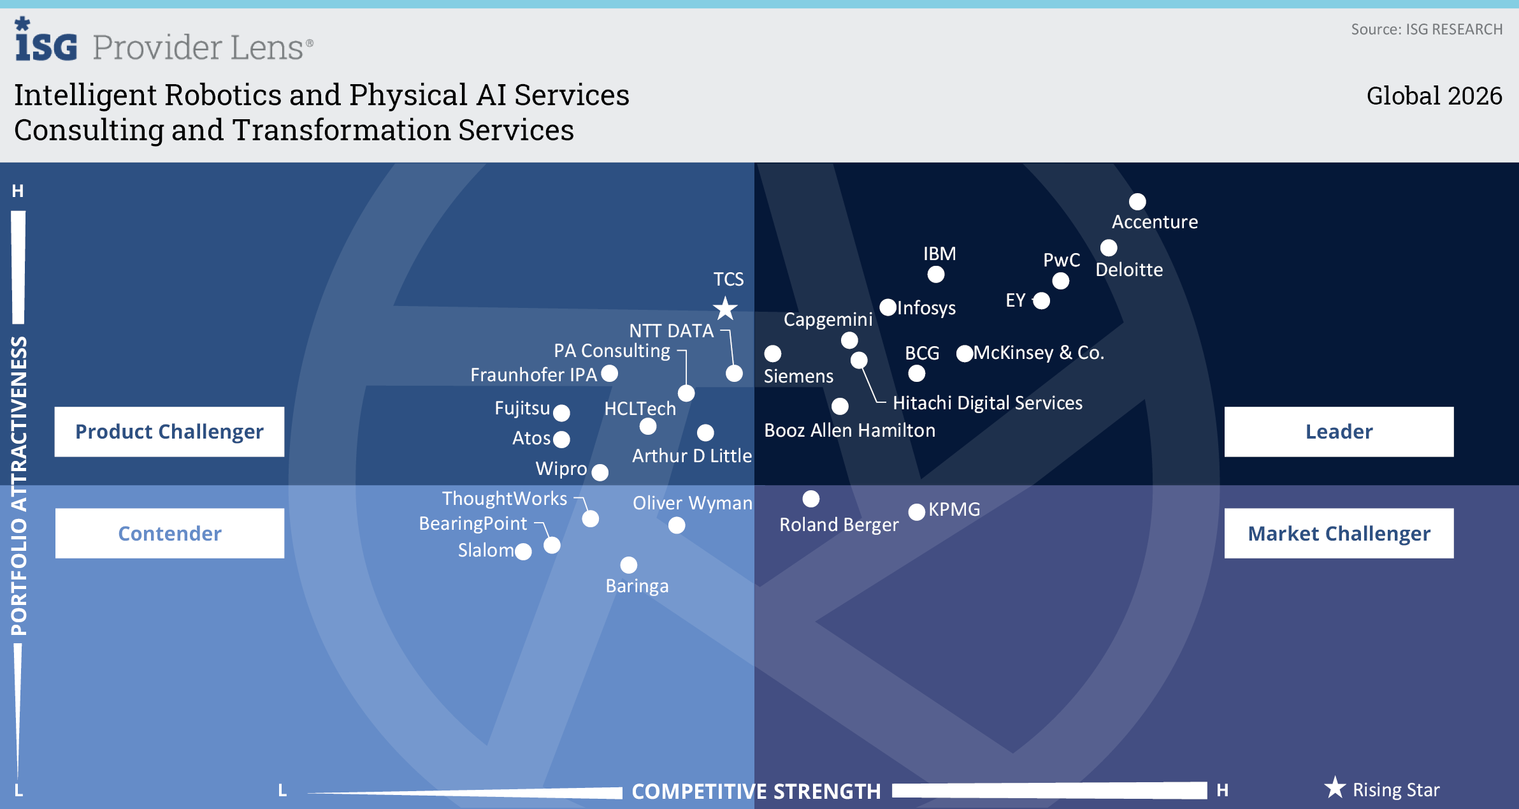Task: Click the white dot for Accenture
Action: point(1137,201)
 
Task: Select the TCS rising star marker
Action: point(725,309)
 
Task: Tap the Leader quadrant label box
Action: point(1339,432)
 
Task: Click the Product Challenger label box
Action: point(169,432)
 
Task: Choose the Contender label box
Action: point(169,533)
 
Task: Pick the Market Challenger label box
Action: point(1339,533)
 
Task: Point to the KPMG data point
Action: point(916,511)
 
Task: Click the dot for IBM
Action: point(935,274)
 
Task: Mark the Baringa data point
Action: point(628,565)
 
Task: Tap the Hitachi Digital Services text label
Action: point(987,403)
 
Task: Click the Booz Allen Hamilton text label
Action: point(849,430)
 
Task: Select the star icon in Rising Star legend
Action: point(1335,788)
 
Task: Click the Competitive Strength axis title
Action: point(756,791)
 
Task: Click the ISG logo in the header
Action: point(46,41)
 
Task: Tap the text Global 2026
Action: point(1434,96)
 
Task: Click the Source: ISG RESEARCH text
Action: point(1426,29)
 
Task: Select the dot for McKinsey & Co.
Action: point(965,353)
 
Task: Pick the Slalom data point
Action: point(523,551)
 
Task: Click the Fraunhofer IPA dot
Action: point(610,374)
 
